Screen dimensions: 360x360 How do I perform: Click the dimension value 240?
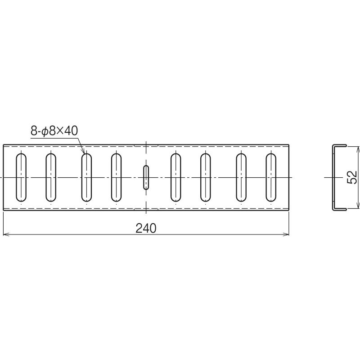(x=146, y=228)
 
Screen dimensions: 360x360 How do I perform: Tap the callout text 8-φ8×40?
(x=54, y=131)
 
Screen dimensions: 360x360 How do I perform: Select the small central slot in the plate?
(x=145, y=177)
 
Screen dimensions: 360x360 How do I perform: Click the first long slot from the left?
(x=21, y=177)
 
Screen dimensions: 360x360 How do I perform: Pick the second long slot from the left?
(x=50, y=177)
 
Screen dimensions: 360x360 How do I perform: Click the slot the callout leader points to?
(x=86, y=177)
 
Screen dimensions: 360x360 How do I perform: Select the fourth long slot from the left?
(x=116, y=177)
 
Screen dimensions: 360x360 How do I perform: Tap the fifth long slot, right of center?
(x=176, y=177)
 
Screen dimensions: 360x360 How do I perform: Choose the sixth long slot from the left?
(x=206, y=177)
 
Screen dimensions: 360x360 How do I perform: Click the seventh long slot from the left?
(x=241, y=177)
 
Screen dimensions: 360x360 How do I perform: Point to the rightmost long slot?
(x=271, y=177)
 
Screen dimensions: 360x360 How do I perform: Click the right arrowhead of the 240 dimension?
(x=286, y=234)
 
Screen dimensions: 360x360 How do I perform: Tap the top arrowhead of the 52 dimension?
(x=358, y=148)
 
